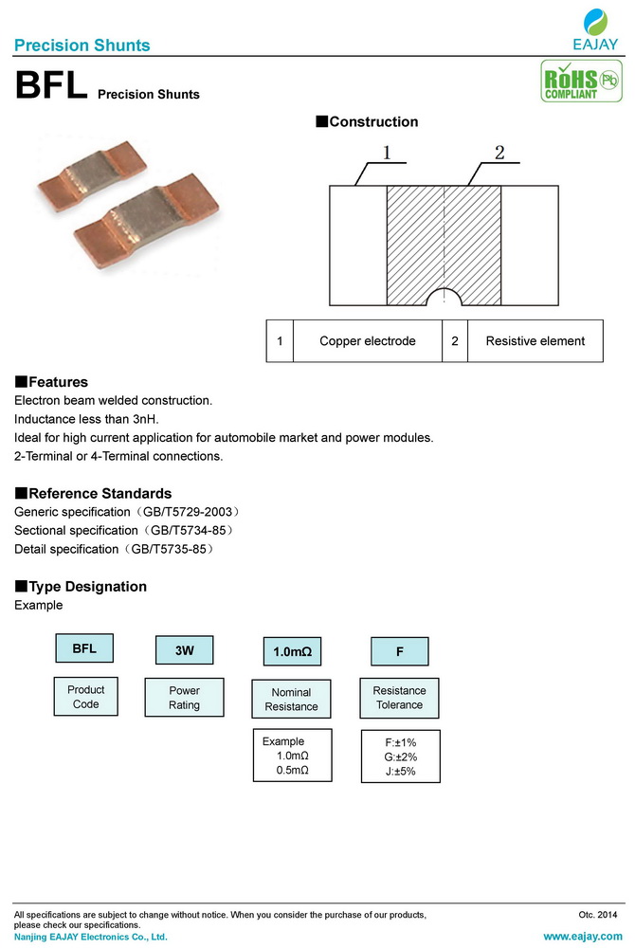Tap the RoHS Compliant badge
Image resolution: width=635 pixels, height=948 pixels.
click(x=577, y=82)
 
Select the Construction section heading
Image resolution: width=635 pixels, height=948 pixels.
click(x=367, y=122)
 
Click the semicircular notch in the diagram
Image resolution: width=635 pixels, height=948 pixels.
click(x=444, y=299)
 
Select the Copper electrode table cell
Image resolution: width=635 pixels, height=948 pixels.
click(x=368, y=341)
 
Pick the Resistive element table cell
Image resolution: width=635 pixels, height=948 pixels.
click(x=535, y=341)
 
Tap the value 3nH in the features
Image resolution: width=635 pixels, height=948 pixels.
click(x=145, y=419)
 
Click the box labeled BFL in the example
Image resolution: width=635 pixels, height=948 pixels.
click(x=84, y=648)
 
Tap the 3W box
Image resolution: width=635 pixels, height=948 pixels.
click(x=184, y=650)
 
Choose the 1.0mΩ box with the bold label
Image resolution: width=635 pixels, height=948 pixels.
click(x=292, y=652)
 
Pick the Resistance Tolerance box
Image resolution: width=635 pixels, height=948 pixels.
click(x=399, y=698)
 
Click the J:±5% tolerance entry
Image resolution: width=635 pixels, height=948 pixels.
click(x=400, y=772)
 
